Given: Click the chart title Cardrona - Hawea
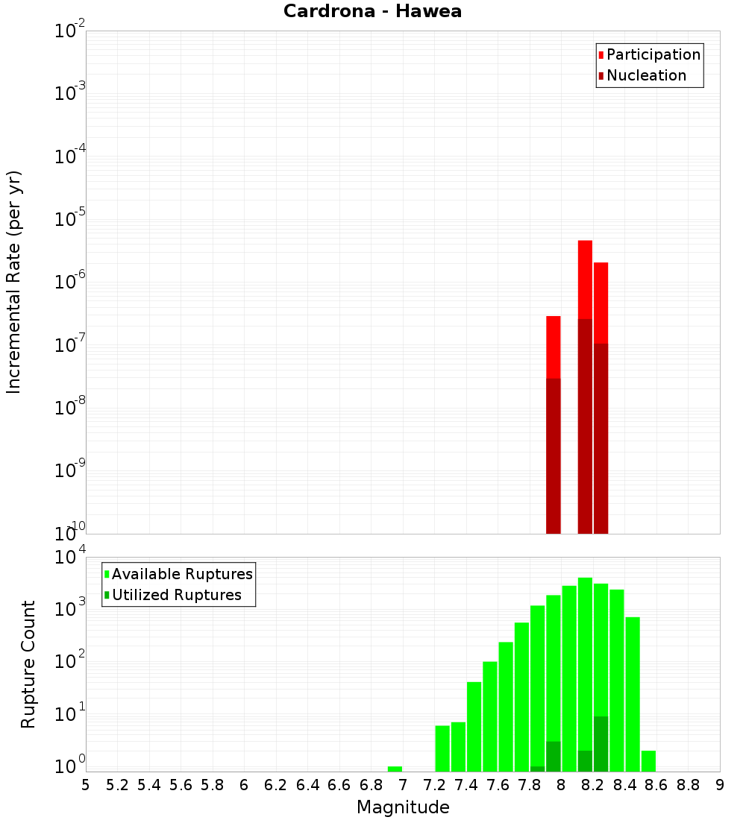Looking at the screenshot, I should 372,11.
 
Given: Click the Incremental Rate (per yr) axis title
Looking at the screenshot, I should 14,282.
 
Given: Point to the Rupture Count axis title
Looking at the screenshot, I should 28,663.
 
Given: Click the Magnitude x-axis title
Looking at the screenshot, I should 403,807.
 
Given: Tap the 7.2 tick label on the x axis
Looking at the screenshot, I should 434,785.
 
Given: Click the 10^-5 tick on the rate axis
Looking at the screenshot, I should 69,219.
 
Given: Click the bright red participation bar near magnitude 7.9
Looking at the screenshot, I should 553,347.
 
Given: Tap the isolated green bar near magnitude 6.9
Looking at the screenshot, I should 395,769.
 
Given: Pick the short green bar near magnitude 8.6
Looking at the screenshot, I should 648,761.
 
